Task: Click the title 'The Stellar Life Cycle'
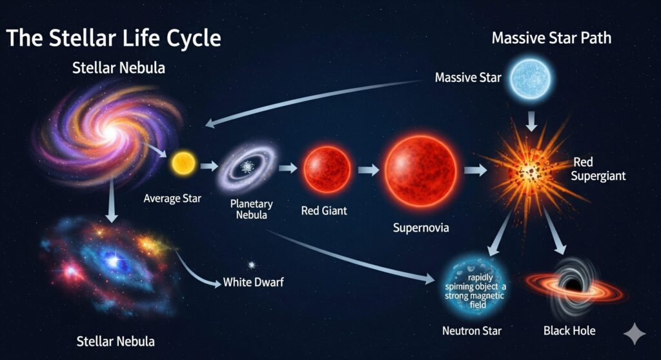(x=114, y=38)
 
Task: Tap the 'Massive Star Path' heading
(x=551, y=38)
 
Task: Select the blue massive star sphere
(x=531, y=79)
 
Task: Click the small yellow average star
(x=183, y=164)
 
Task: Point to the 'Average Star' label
(x=172, y=198)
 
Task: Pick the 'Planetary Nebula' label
(x=251, y=209)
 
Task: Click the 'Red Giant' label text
(x=324, y=210)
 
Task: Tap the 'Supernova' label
(x=421, y=228)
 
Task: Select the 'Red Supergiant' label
(x=598, y=168)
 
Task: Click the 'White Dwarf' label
(x=253, y=281)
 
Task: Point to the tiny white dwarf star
(x=252, y=265)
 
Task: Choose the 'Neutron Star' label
(x=472, y=331)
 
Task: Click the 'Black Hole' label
(x=569, y=330)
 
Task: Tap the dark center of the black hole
(x=573, y=284)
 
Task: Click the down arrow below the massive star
(x=532, y=121)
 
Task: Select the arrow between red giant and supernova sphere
(x=369, y=170)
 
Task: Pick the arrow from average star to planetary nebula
(x=209, y=166)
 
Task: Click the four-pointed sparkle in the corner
(x=634, y=334)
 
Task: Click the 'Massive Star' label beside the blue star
(x=468, y=77)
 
